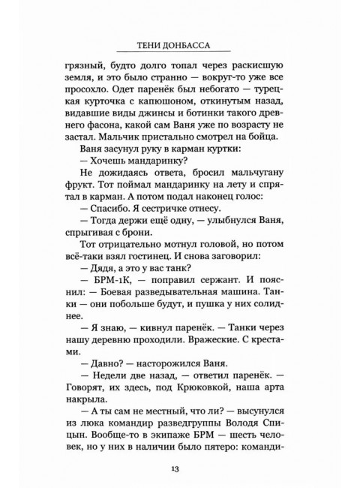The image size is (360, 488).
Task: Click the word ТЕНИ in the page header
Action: click(148, 42)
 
